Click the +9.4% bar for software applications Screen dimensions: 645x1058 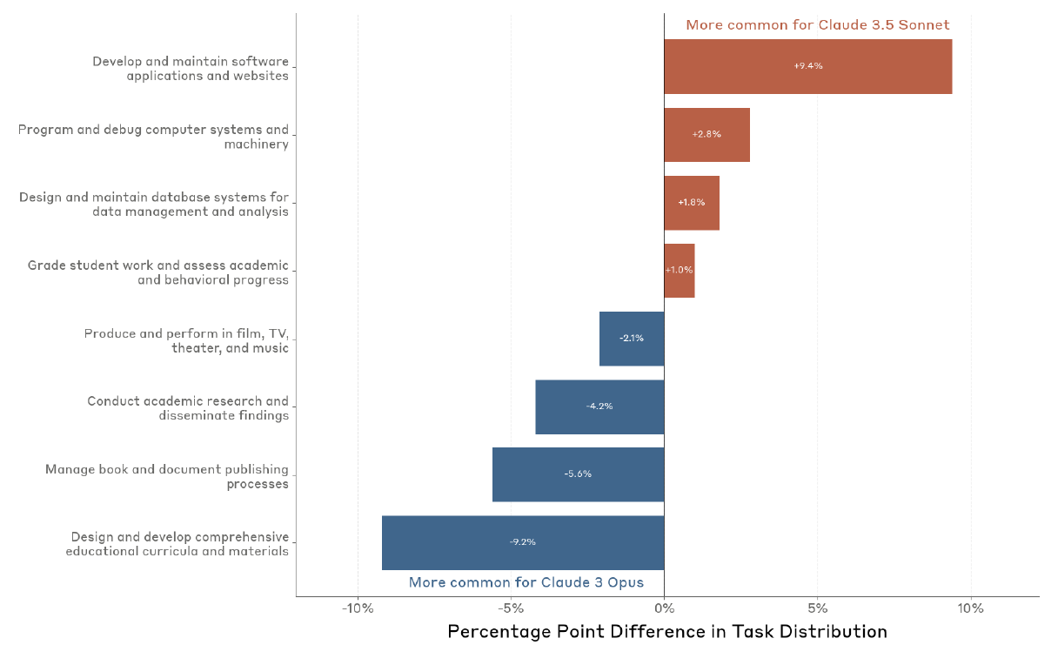pyautogui.click(x=807, y=66)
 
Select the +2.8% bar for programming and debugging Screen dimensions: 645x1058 pyautogui.click(x=706, y=134)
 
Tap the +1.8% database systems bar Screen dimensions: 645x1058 pyautogui.click(x=692, y=202)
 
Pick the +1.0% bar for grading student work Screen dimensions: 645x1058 pyautogui.click(x=680, y=270)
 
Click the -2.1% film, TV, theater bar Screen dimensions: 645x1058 pyautogui.click(x=632, y=338)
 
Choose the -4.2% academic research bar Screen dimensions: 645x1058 pyautogui.click(x=599, y=406)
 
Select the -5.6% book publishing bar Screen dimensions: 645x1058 pyautogui.click(x=578, y=474)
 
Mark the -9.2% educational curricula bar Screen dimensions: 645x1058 pyautogui.click(x=523, y=541)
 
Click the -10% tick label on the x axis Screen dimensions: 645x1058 pyautogui.click(x=358, y=608)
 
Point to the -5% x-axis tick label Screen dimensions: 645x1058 pyautogui.click(x=511, y=608)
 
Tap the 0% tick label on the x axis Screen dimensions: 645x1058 pyautogui.click(x=664, y=608)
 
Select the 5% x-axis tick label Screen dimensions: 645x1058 pyautogui.click(x=817, y=608)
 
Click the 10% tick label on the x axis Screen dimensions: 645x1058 pyautogui.click(x=970, y=608)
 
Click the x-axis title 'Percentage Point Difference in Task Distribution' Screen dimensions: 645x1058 pyautogui.click(x=667, y=632)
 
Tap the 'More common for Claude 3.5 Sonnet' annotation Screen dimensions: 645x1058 pyautogui.click(x=817, y=25)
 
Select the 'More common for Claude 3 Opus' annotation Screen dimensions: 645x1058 pyautogui.click(x=526, y=582)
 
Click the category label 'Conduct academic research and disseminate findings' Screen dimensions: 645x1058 pyautogui.click(x=188, y=408)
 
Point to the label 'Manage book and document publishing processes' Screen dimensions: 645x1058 pyautogui.click(x=167, y=476)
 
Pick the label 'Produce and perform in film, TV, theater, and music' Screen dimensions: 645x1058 pyautogui.click(x=186, y=340)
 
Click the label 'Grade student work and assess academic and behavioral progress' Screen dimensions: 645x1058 pyautogui.click(x=157, y=272)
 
